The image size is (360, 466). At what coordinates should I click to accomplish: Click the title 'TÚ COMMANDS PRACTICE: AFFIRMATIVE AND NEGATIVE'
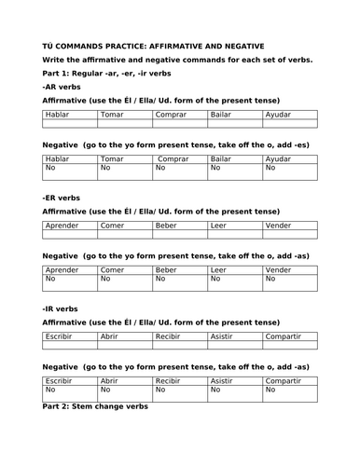pos(140,45)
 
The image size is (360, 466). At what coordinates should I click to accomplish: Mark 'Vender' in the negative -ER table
pos(279,270)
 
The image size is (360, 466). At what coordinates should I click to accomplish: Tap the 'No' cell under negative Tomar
pos(104,169)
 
